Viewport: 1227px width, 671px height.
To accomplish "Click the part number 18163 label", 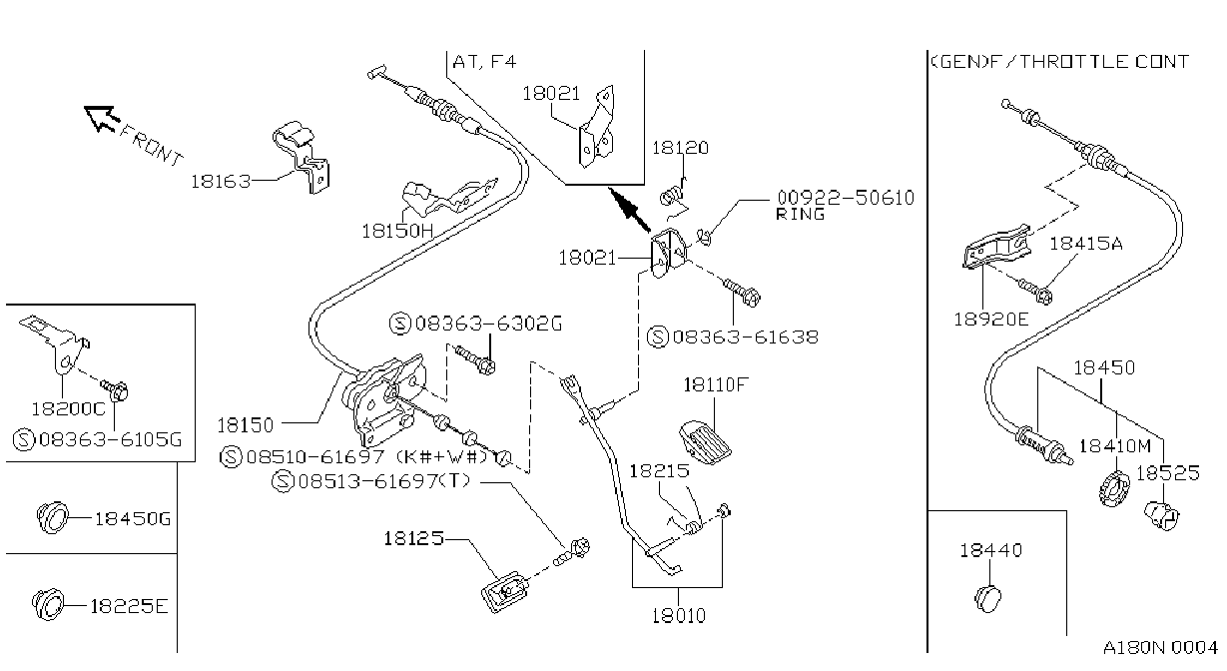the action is (x=221, y=182).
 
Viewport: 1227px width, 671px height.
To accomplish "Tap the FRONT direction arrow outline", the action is (x=102, y=118).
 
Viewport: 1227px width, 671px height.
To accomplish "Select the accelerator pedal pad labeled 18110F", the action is (x=706, y=442).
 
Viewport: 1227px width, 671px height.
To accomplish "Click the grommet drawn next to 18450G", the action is (x=53, y=517).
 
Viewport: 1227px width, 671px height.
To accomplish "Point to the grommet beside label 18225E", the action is (x=47, y=605).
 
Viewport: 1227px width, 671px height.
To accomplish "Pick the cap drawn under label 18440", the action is (x=988, y=599).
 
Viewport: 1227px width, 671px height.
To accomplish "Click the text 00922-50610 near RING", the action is (x=846, y=198).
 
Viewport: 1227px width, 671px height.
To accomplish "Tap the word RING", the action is (x=801, y=214).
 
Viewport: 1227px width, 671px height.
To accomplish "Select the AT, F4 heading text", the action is (x=485, y=61).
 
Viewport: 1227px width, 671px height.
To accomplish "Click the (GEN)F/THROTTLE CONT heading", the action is (x=1060, y=61).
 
